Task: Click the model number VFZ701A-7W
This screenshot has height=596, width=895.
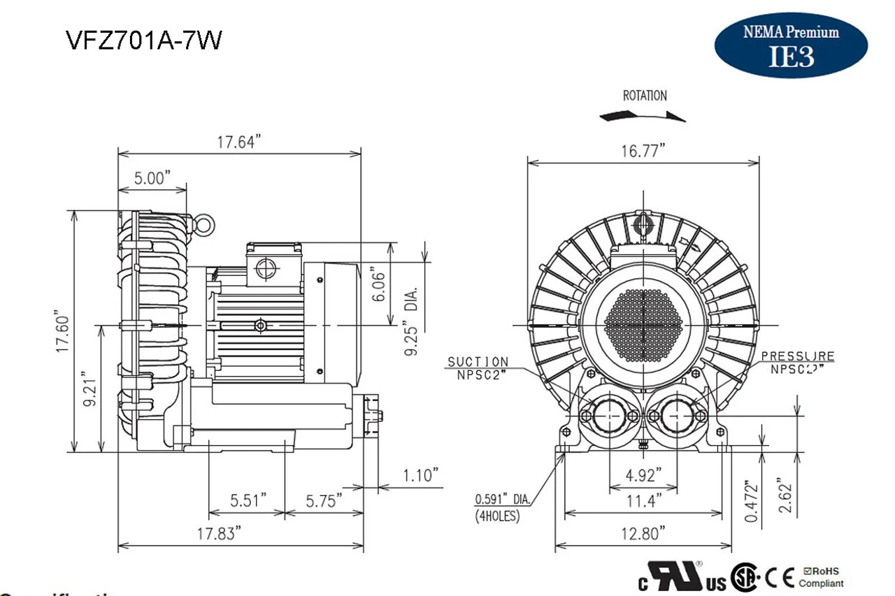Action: [144, 41]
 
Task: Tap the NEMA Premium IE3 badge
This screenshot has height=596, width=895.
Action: [791, 45]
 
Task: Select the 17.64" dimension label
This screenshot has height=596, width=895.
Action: [238, 143]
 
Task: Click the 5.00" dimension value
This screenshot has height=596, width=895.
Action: [152, 178]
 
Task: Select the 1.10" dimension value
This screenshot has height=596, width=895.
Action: [421, 477]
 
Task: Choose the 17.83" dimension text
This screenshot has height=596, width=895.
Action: [219, 534]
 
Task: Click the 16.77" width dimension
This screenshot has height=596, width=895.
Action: [642, 152]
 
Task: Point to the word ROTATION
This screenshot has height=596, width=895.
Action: [645, 96]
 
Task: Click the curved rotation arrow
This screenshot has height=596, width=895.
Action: [643, 115]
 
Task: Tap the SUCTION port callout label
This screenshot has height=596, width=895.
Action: [478, 365]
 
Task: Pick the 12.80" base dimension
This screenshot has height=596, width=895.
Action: [642, 534]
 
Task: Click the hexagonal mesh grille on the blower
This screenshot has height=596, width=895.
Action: [643, 325]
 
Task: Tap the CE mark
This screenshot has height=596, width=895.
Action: [778, 578]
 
